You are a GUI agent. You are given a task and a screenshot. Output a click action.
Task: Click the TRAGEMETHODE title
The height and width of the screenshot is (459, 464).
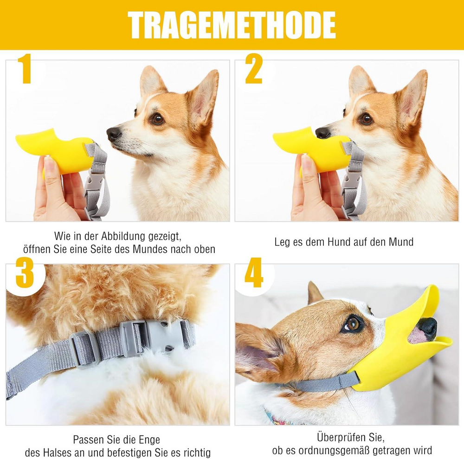[x=232, y=25]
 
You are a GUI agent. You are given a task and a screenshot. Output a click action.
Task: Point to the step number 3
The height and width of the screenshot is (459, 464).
[x=25, y=272]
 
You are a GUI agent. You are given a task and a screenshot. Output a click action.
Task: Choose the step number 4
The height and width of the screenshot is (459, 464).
[x=254, y=272]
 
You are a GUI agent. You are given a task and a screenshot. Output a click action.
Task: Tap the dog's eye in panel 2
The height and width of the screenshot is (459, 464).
[x=366, y=119]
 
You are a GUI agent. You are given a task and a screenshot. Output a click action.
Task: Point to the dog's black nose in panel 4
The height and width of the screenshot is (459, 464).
[x=428, y=328]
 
